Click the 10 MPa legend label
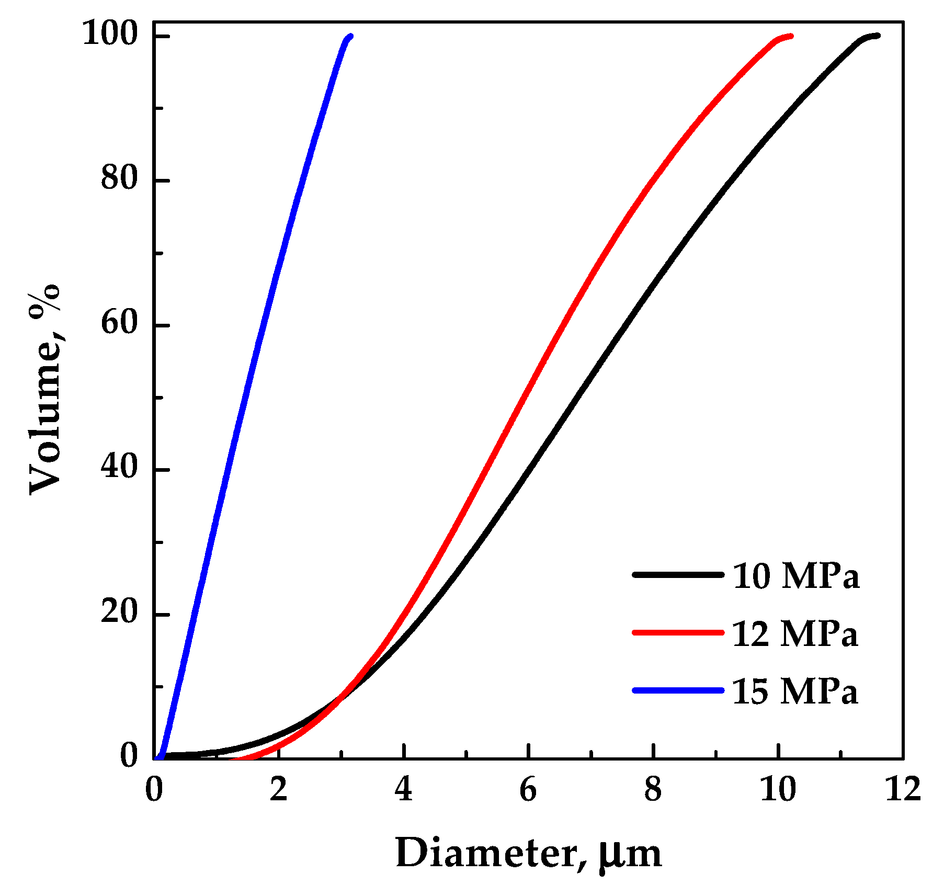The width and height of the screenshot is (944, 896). (795, 577)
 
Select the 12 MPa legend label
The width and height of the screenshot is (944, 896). (794, 634)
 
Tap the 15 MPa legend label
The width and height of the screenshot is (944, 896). (794, 692)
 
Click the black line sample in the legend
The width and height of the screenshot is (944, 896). (678, 574)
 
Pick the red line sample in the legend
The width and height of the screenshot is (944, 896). (678, 632)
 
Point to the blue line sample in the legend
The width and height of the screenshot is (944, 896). (678, 690)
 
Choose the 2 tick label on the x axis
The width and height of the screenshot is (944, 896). (279, 790)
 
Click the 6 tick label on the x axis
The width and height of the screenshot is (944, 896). (528, 790)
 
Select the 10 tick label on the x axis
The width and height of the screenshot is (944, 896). (778, 790)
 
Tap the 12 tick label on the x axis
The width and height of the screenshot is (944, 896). (903, 790)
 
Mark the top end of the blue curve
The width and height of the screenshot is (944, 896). (350, 36)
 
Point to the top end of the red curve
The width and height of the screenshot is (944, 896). (791, 36)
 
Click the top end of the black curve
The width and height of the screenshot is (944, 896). (878, 36)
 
